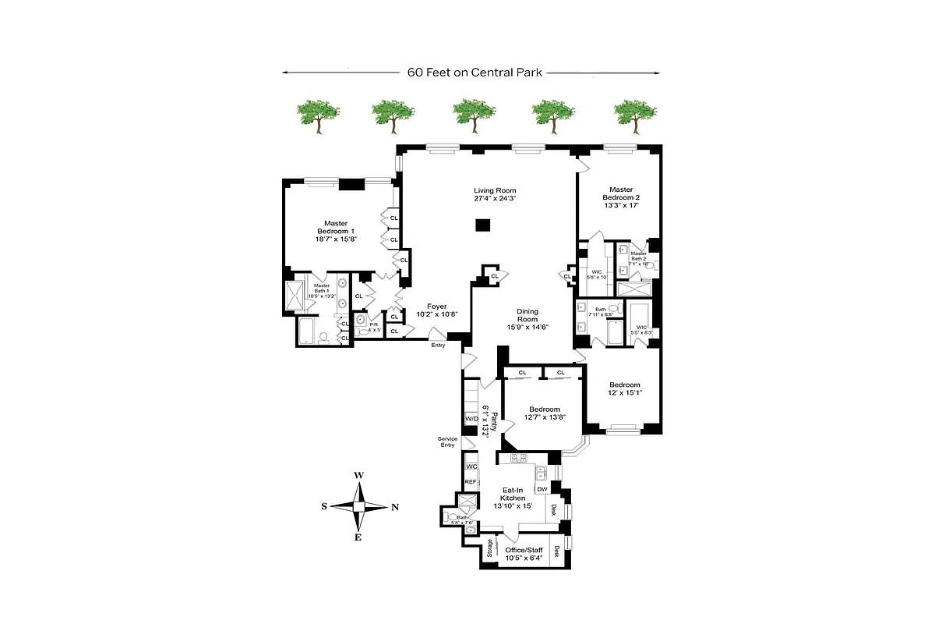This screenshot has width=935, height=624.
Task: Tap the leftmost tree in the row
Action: pos(318,115)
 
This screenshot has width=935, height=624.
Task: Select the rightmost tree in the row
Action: pos(635,115)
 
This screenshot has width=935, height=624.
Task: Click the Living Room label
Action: pos(495,194)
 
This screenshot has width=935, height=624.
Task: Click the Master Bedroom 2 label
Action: pos(621,198)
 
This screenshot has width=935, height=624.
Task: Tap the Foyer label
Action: pos(436,310)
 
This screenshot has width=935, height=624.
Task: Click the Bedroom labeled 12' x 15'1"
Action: pos(624,388)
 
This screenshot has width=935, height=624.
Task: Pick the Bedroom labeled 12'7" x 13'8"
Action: pos(544,413)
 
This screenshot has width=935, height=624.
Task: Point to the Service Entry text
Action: pos(447,441)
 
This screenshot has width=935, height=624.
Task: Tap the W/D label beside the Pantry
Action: pos(471,419)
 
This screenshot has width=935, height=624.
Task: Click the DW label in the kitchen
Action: pos(542,488)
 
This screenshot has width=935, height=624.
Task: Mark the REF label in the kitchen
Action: pos(470,482)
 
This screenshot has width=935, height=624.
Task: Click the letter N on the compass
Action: pos(395,507)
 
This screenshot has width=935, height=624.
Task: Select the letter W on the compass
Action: pos(358,475)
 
